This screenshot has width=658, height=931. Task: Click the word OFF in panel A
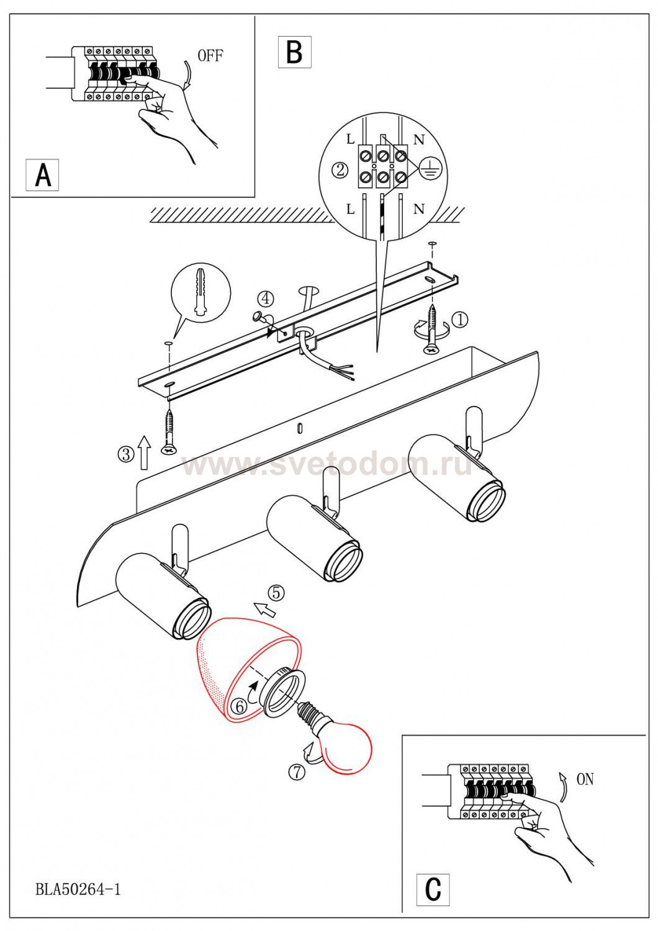coord(210,56)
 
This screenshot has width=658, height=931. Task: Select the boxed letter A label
coord(42,175)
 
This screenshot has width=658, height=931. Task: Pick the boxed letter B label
coord(294,52)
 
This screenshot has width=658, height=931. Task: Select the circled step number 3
coord(126,454)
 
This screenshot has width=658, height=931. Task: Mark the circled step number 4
coord(265,299)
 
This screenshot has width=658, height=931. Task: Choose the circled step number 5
coord(276,593)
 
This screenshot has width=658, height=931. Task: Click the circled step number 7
coord(297,772)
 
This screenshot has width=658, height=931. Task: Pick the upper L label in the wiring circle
coord(350,139)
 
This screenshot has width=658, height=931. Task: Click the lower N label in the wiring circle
coord(419,209)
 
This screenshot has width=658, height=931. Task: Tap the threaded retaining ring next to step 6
coord(282,692)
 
